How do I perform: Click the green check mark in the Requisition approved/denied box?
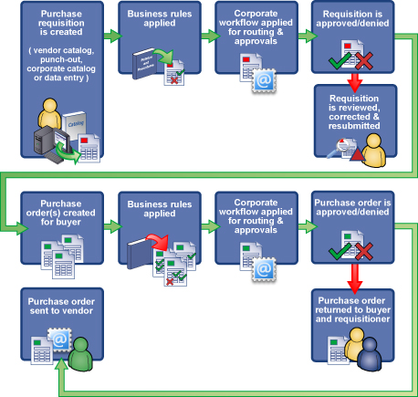(338, 61)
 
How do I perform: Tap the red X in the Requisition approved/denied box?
(363, 61)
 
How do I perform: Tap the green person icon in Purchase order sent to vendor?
(81, 352)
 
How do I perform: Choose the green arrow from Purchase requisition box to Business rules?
(109, 37)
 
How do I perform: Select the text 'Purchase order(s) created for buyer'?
(60, 211)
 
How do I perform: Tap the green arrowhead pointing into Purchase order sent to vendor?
(60, 365)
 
